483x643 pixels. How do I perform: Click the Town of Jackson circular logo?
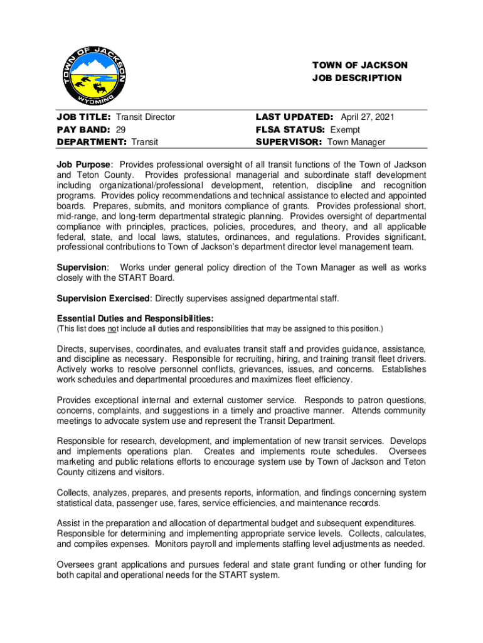tap(94, 76)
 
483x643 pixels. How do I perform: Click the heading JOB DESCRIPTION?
tap(357, 78)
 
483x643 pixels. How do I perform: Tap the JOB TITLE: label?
tap(84, 117)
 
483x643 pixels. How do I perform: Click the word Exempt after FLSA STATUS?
tap(345, 129)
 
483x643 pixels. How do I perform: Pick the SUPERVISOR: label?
tap(289, 142)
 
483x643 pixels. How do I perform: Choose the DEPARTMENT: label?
tap(92, 142)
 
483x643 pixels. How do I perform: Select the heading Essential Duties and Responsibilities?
tap(135, 318)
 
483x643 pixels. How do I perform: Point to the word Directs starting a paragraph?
tap(70, 349)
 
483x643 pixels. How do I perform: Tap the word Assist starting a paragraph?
tap(68, 523)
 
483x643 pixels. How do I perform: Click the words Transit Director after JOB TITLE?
tap(146, 117)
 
